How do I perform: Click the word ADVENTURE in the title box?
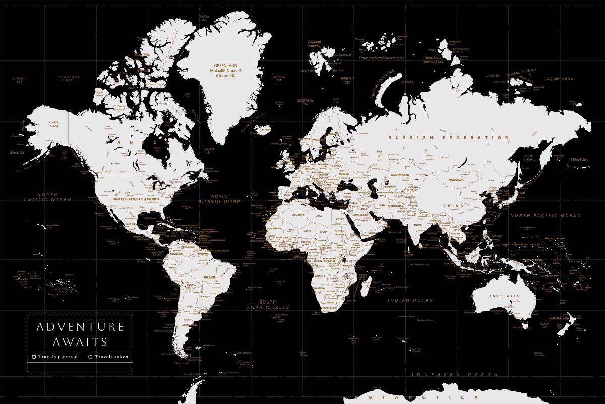pos(80,327)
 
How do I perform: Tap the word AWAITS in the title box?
pos(80,342)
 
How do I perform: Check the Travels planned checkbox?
pos(34,357)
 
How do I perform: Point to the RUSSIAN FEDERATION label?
pos(449,137)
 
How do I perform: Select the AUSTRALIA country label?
pos(507,296)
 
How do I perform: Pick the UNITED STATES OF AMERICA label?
pos(136,199)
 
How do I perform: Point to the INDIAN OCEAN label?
pos(410,300)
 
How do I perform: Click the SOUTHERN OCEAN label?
pos(454,375)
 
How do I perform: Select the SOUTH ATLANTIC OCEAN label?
pos(268,304)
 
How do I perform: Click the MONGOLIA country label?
pos(455,180)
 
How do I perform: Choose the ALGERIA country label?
pos(284,215)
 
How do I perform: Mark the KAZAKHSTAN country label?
pos(400,174)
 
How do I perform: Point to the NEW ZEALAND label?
pos(559,318)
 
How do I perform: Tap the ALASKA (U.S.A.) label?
pos(54,124)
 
